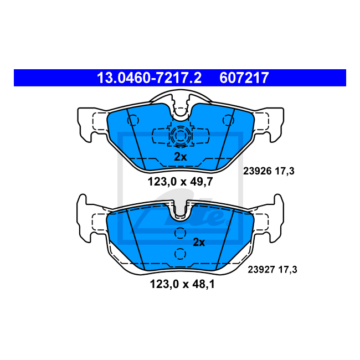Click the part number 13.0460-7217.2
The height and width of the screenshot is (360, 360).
click(149, 78)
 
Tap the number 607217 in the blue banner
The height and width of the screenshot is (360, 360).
click(244, 78)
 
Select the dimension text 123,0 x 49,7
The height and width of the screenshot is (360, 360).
click(181, 182)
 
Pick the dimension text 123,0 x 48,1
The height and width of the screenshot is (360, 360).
click(182, 284)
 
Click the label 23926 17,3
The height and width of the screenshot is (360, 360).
click(269, 171)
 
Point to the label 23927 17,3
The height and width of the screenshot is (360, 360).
click(272, 270)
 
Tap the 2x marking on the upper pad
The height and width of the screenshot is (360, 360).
click(181, 157)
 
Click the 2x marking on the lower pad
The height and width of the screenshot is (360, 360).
click(199, 242)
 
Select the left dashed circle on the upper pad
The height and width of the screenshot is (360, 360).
click(133, 120)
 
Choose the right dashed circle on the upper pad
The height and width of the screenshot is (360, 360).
click(228, 120)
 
